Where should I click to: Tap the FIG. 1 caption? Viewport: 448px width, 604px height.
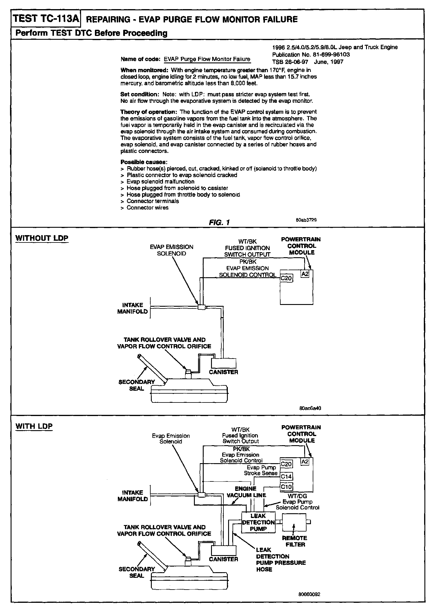click(x=219, y=222)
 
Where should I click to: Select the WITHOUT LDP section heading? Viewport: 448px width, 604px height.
click(x=42, y=238)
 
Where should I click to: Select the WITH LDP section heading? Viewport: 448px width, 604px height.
click(x=34, y=426)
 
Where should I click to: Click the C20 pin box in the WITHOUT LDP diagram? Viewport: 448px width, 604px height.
click(x=286, y=278)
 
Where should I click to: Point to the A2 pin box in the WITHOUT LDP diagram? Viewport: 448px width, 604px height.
click(x=305, y=274)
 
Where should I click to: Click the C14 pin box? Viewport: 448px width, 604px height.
click(x=286, y=476)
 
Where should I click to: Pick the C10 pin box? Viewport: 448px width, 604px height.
click(x=286, y=487)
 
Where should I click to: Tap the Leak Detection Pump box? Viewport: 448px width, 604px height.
click(x=258, y=522)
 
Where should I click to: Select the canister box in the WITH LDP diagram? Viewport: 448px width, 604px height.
click(x=224, y=550)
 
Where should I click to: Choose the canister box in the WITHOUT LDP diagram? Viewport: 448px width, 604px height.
click(x=224, y=363)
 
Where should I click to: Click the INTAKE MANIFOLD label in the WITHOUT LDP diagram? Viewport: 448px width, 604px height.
click(x=132, y=308)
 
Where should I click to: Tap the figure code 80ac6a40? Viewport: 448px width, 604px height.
click(x=310, y=408)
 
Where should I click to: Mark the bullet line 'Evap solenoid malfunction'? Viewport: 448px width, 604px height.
click(x=160, y=181)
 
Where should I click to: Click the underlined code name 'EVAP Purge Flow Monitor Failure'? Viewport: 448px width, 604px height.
click(x=207, y=59)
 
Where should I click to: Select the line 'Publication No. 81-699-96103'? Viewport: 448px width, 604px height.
click(x=311, y=55)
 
